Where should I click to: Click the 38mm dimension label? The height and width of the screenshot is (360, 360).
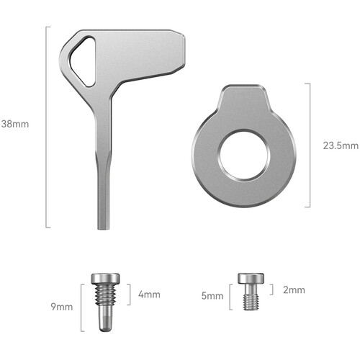pyautogui.click(x=16, y=123)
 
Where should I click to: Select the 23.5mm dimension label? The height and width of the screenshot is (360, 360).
pyautogui.click(x=341, y=145)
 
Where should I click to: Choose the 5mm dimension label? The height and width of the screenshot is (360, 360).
pyautogui.click(x=211, y=295)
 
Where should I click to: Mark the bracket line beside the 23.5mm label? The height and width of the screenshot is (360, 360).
pyautogui.click(x=310, y=145)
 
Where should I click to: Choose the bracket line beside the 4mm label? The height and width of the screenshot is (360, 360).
pyautogui.click(x=129, y=294)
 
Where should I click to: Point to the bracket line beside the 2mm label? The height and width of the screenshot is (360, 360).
pyautogui.click(x=272, y=289)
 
